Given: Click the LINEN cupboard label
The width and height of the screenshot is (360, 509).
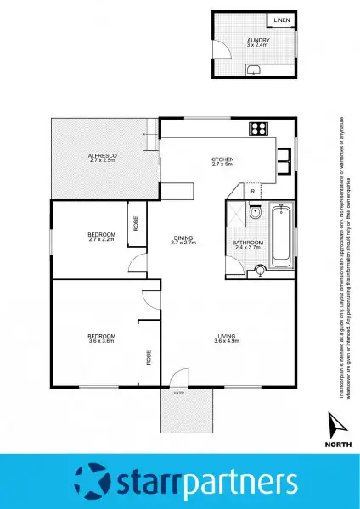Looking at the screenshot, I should point(281,21).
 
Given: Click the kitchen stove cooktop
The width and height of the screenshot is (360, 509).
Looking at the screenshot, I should point(258,129).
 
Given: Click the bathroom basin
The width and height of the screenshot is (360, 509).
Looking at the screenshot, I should point(261,271).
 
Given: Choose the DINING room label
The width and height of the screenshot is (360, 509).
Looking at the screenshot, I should point(183,238).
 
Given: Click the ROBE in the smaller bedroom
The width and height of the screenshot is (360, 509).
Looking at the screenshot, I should point(135,225).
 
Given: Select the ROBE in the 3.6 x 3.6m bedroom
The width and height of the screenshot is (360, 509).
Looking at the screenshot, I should point(148,357).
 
